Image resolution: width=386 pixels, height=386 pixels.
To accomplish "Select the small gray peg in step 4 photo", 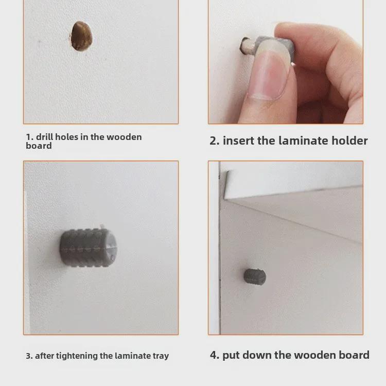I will click(x=255, y=276).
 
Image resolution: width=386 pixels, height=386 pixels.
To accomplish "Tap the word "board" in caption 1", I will click(x=39, y=146).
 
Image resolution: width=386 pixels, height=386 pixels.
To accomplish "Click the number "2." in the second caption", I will click(x=214, y=141).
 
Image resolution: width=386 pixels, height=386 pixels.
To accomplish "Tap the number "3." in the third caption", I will click(x=29, y=356).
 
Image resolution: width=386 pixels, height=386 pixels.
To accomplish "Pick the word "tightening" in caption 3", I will click(x=76, y=356).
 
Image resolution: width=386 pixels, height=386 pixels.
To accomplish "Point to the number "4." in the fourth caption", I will click(x=215, y=355).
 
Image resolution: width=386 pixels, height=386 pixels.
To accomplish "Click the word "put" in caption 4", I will click(x=231, y=355).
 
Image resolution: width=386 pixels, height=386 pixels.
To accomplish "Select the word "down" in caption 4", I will click(x=256, y=355).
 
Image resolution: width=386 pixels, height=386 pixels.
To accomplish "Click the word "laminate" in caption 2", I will click(x=303, y=141).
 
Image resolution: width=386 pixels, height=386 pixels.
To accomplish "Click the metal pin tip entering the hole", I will click(x=243, y=47).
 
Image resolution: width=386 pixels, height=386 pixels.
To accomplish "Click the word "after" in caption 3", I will click(x=45, y=356).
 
